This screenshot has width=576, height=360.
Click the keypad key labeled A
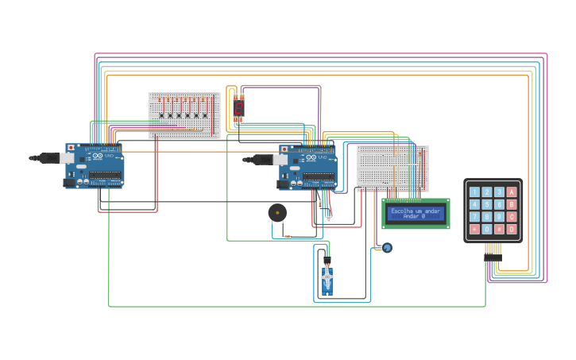click(512, 192)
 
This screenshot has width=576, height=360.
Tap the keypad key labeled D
click(512, 229)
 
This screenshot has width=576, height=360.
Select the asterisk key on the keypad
click(474, 229)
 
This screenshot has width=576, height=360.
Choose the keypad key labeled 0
click(487, 229)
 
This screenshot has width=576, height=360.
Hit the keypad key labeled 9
click(499, 217)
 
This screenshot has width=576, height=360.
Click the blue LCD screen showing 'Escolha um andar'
click(416, 213)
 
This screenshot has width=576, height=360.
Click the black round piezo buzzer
click(277, 212)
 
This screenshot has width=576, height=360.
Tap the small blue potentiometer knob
click(387, 248)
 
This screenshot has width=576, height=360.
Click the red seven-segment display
click(238, 107)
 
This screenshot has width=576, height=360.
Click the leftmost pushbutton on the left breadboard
click(161, 115)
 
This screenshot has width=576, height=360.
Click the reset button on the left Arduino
click(71, 148)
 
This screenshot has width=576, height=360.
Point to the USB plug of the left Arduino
click(48, 158)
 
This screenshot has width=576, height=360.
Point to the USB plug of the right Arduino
click(261, 159)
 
